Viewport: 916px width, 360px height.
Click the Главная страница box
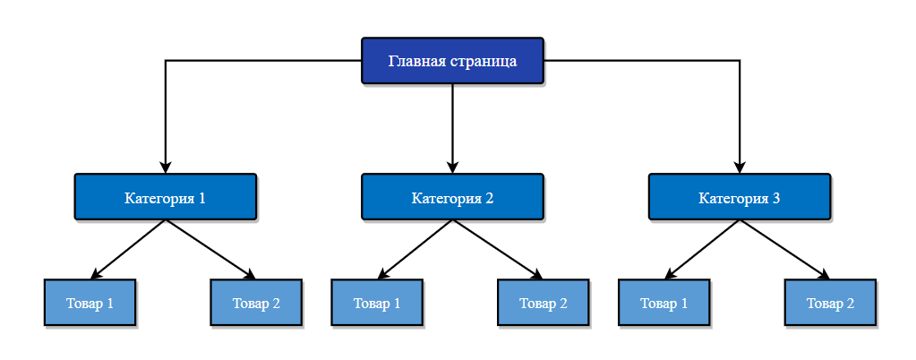tap(452, 61)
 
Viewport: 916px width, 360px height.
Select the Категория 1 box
tap(166, 197)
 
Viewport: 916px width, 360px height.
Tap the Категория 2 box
tap(452, 197)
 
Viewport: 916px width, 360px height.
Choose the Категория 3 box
tap(740, 197)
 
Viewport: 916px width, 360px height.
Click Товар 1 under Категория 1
tap(90, 303)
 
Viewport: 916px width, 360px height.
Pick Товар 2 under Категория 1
tap(256, 303)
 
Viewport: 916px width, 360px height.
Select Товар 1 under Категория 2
tap(377, 303)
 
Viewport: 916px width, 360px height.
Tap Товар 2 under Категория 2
tap(544, 303)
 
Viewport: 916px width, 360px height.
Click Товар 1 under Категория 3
tap(664, 303)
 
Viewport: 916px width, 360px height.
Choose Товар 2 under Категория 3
tap(830, 303)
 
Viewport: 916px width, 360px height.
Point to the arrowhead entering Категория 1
tap(166, 167)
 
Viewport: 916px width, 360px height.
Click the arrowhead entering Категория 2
tap(452, 167)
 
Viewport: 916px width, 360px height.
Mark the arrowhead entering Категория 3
tap(740, 167)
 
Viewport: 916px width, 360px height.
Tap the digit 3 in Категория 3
tap(775, 198)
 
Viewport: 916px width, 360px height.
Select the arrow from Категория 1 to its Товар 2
tap(211, 249)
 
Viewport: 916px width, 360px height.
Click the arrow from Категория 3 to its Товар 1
tap(703, 249)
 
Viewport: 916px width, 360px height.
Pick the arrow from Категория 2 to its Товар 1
tap(415, 249)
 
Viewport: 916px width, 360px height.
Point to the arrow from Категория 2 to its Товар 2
tap(498, 249)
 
